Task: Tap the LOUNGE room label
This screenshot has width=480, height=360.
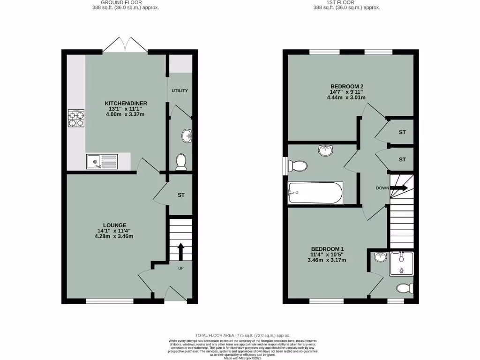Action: click(115, 225)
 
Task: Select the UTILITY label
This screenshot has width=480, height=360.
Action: click(180, 90)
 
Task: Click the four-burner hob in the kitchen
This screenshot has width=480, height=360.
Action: click(76, 118)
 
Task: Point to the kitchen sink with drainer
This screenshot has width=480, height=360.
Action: click(102, 162)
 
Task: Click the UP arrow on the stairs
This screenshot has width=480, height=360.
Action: click(180, 251)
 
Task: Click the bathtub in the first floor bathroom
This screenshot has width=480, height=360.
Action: click(315, 193)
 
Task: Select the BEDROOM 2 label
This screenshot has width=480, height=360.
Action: click(347, 86)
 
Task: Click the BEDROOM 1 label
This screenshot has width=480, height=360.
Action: click(328, 249)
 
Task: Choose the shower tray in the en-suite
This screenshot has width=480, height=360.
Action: click(401, 263)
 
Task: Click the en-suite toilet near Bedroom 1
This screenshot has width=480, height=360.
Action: click(405, 288)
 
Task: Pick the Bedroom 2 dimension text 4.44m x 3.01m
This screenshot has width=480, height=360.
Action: click(347, 97)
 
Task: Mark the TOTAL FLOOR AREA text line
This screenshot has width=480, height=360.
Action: click(243, 335)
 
